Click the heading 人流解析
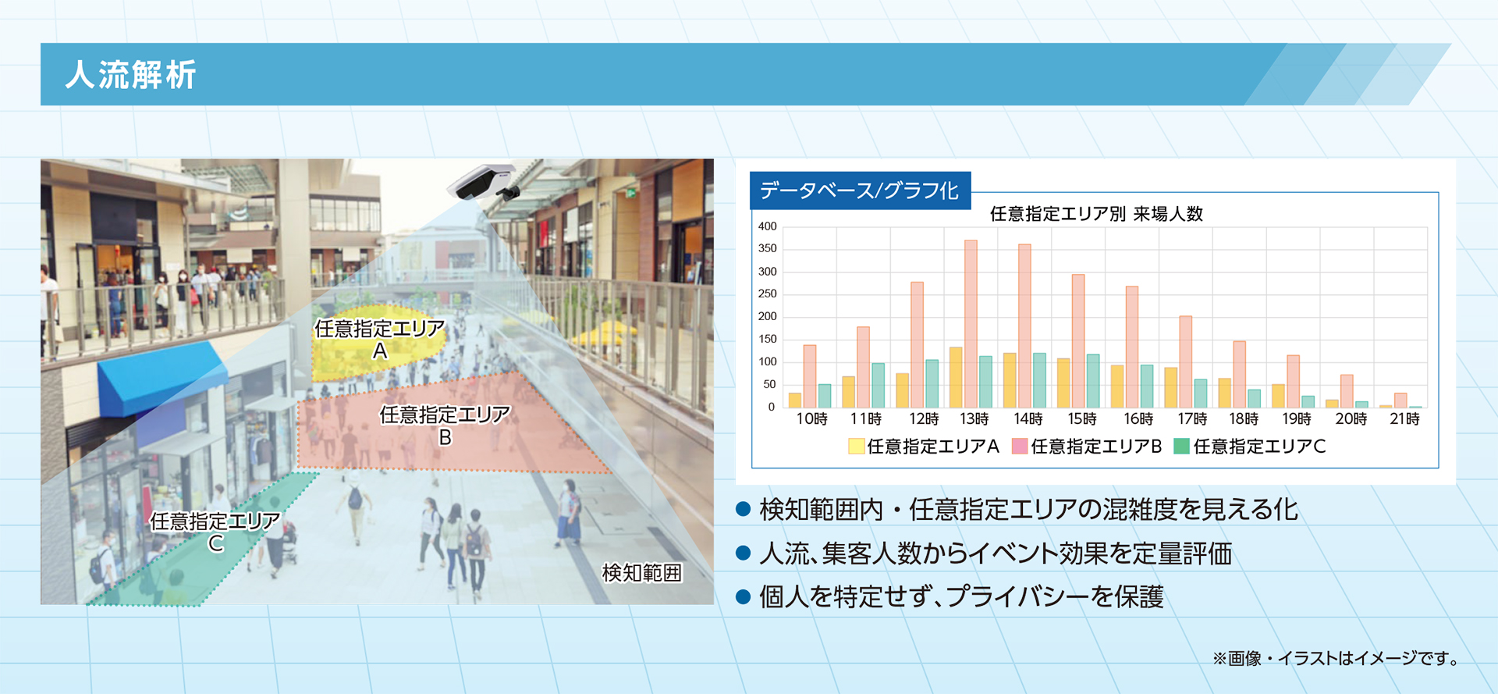130,75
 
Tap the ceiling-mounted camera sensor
482,182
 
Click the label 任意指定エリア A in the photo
379,339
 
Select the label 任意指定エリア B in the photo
445,425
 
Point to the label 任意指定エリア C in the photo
215,531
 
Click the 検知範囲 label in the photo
641,573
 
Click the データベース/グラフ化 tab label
859,190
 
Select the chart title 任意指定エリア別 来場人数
1096,214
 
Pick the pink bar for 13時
971,323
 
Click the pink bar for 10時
810,375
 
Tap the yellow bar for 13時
956,377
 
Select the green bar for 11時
879,385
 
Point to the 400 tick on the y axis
768,226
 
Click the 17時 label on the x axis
1191,419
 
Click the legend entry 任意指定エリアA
924,447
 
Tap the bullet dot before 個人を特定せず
743,597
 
